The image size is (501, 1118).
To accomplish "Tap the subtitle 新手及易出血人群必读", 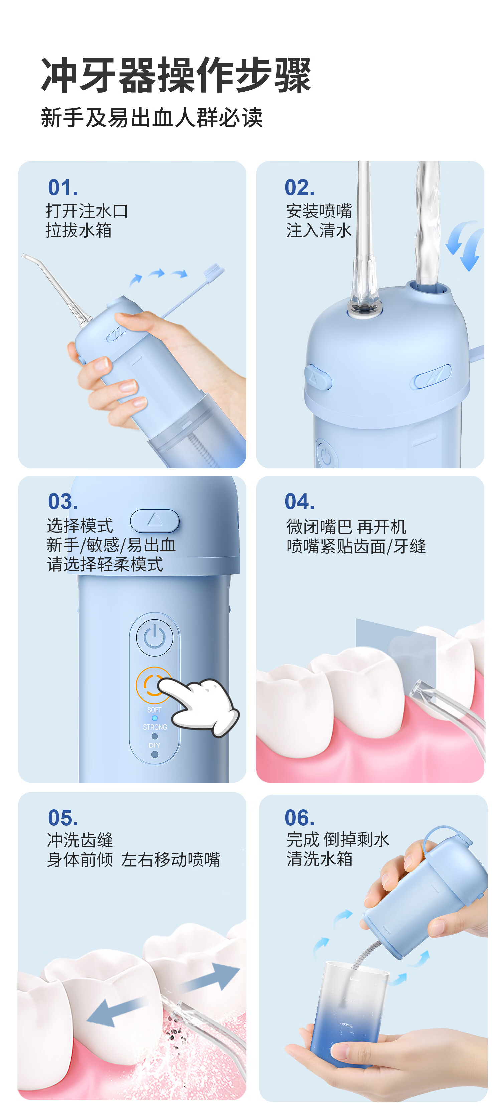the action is point(152,117).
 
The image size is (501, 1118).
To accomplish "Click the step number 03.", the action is point(63,501).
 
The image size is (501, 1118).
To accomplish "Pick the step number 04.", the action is point(300,501).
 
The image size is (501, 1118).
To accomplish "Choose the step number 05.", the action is point(63,818).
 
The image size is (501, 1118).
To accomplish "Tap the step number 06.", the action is point(300,818).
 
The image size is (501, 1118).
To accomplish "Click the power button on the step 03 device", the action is point(155,637).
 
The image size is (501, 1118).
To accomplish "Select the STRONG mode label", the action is point(155,727).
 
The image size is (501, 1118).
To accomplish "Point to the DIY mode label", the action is point(155,745).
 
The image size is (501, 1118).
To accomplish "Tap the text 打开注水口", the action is point(87,211).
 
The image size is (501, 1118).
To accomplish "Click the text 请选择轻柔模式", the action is point(105,564).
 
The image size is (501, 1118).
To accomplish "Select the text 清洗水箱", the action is point(320,859).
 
